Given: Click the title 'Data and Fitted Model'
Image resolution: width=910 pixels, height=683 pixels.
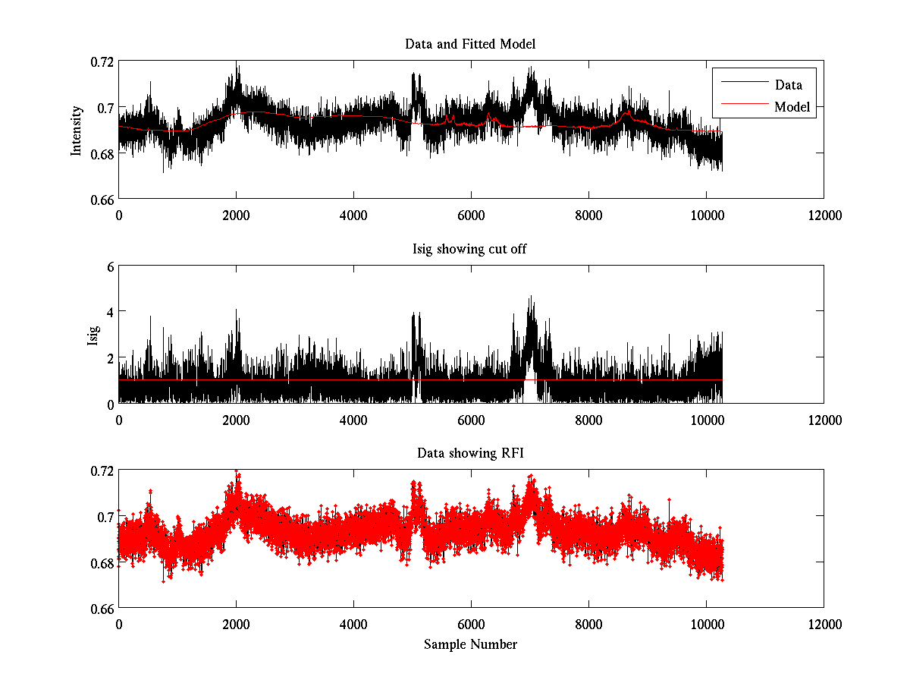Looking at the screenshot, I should tap(470, 44).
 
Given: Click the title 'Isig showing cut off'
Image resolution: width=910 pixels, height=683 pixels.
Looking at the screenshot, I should tap(470, 249).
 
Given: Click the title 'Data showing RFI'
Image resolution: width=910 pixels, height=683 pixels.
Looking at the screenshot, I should tap(470, 454).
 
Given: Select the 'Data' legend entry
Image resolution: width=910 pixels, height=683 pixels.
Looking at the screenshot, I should tap(788, 85).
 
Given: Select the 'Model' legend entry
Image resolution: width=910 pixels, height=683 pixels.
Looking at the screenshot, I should tap(792, 107).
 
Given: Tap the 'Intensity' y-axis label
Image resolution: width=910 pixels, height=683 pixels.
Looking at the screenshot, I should tap(76, 130).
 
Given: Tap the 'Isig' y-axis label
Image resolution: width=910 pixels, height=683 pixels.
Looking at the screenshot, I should tap(93, 335).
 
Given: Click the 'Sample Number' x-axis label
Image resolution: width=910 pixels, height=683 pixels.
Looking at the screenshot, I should tap(470, 644).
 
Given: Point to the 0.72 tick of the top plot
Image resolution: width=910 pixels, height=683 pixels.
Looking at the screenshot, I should tap(102, 61).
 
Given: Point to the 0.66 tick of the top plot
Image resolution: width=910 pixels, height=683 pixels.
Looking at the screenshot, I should tap(102, 199).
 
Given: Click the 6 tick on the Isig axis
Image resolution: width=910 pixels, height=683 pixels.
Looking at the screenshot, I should tap(109, 266).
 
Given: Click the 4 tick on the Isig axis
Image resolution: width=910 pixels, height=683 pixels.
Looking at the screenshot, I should tap(109, 312).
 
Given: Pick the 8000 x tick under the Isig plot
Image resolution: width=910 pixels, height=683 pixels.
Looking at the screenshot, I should tap(589, 419).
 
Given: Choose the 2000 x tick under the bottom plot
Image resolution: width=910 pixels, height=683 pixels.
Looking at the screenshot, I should tap(237, 624).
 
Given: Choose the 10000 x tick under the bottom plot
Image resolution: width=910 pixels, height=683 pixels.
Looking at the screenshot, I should tap(707, 624).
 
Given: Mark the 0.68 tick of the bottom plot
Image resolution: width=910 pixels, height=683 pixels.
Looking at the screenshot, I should tap(102, 562).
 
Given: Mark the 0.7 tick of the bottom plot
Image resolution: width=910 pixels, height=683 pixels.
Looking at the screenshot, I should tap(106, 517).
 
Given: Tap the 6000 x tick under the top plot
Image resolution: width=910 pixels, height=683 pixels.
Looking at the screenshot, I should tap(472, 215).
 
